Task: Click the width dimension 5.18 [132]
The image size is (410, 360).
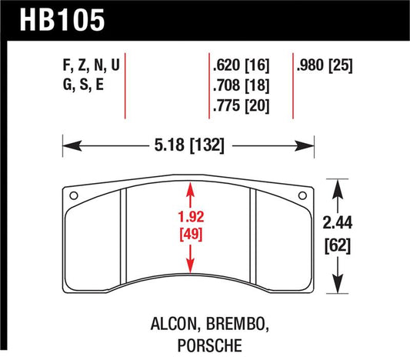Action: [x=188, y=144]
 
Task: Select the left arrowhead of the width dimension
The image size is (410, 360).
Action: [x=67, y=144]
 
